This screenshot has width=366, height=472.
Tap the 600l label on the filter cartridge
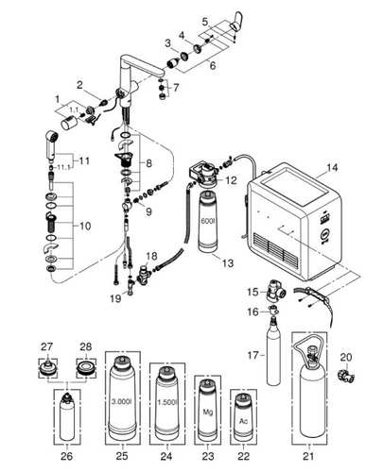[x=206, y=220]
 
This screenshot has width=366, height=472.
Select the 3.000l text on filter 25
[x=122, y=402]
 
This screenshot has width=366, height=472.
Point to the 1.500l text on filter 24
[x=166, y=402]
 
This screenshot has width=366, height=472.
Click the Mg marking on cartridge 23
[x=208, y=412]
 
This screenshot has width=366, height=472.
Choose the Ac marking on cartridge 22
[x=243, y=422]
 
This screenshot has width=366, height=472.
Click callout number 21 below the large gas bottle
[x=308, y=456]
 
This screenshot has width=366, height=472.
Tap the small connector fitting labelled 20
[x=346, y=375]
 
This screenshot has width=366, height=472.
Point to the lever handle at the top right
[x=236, y=21]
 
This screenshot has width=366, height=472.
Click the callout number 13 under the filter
[x=228, y=262]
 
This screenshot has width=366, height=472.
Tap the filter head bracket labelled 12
[x=202, y=173]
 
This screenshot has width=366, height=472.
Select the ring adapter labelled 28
[x=86, y=369]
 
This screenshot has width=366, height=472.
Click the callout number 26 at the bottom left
[x=66, y=456]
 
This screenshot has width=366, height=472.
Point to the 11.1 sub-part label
[x=63, y=167]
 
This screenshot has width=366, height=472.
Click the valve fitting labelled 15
[x=275, y=292]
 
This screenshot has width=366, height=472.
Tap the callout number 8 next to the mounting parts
[x=148, y=163]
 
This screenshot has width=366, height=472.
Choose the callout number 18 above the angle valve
[x=151, y=256]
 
